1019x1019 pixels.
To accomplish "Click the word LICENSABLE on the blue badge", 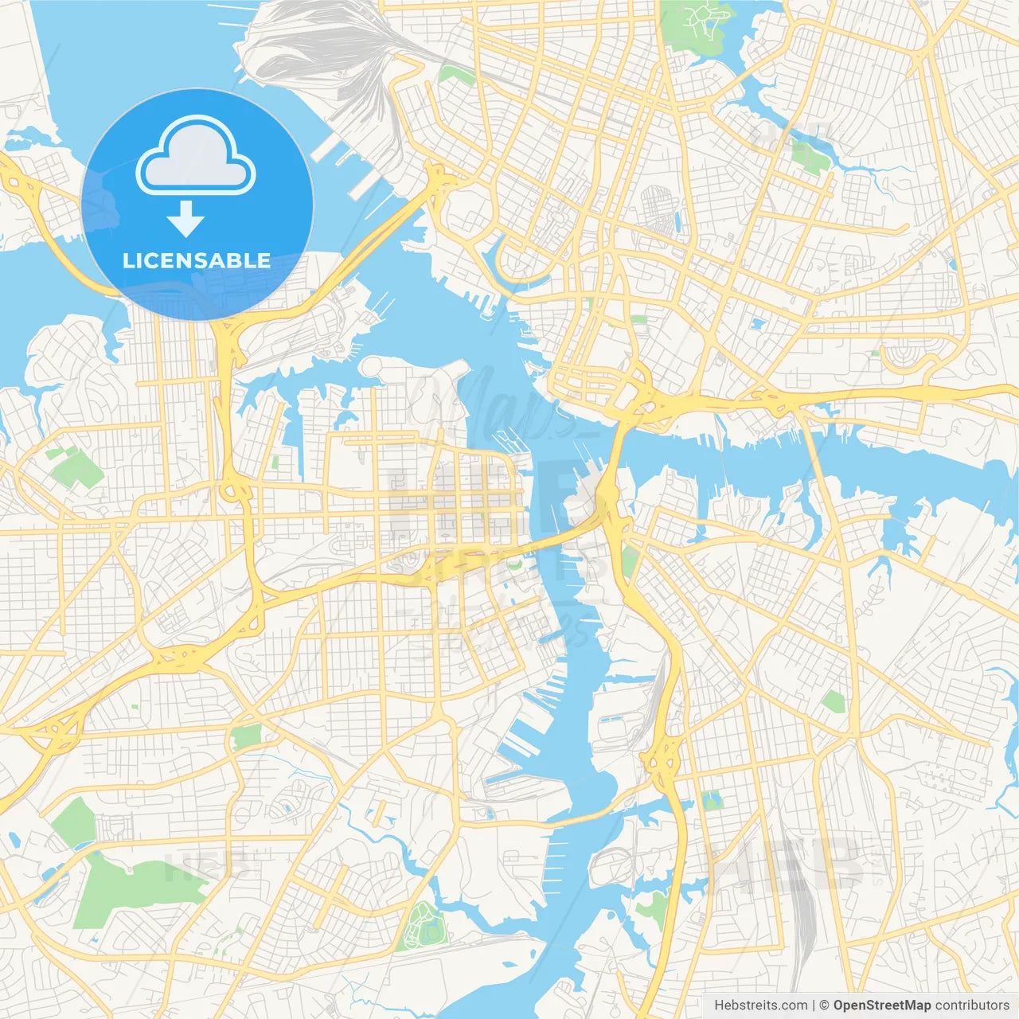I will [x=197, y=260].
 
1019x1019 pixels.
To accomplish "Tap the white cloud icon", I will [x=196, y=158].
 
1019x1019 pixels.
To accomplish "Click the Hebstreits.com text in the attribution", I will [x=760, y=1005].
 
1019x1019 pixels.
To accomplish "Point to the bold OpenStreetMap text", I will [x=882, y=1005].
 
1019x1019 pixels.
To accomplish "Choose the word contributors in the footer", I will [x=972, y=1005].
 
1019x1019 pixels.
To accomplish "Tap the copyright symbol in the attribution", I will [x=825, y=1005].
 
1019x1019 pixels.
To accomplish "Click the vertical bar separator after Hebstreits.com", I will [x=814, y=1005].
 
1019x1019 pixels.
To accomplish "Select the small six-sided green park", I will [x=833, y=701].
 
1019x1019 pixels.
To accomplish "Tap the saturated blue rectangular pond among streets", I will [x=756, y=324].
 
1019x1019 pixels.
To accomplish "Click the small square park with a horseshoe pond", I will [x=713, y=800].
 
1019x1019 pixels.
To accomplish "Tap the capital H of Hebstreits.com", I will [x=719, y=1005].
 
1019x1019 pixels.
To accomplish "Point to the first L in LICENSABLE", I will [x=127, y=260].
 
